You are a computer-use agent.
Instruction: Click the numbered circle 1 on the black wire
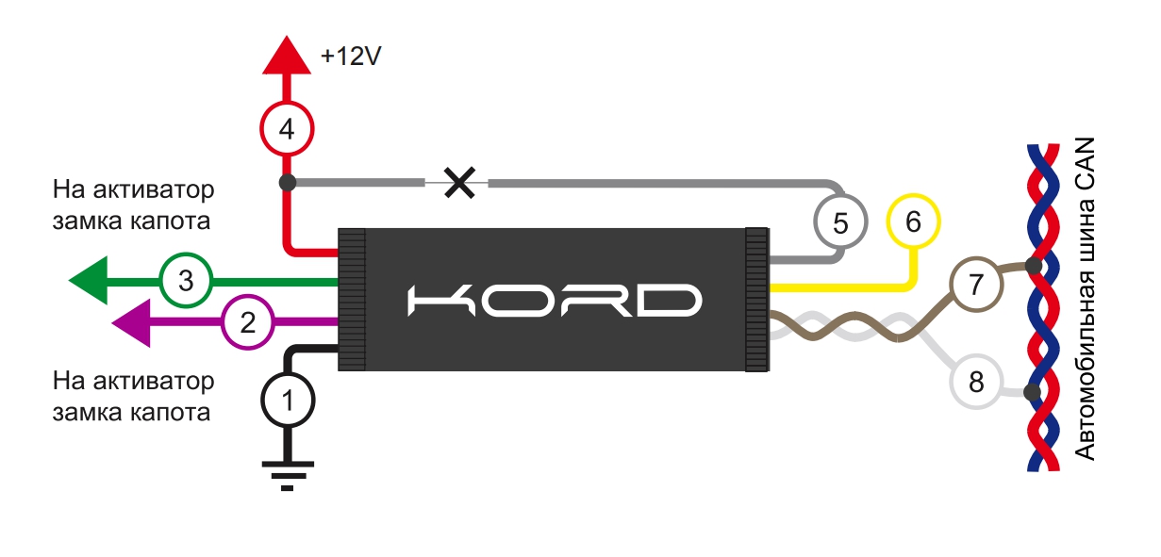coord(287,401)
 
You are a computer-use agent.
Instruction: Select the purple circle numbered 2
coord(247,323)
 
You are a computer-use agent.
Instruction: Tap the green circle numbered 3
coord(186,280)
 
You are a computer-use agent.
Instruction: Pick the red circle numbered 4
coord(287,128)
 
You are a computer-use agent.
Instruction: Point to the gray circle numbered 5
coord(841,222)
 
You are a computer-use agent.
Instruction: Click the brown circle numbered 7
coord(975,283)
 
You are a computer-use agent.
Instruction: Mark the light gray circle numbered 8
coord(975,383)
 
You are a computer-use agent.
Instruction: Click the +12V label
coord(351,57)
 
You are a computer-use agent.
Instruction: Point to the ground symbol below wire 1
coord(287,472)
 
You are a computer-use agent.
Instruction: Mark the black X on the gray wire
coord(459,182)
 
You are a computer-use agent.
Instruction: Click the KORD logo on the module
coord(556,300)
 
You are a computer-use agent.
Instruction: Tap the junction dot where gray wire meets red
coord(287,181)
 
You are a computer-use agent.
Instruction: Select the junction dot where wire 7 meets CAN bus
coord(1035,266)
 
